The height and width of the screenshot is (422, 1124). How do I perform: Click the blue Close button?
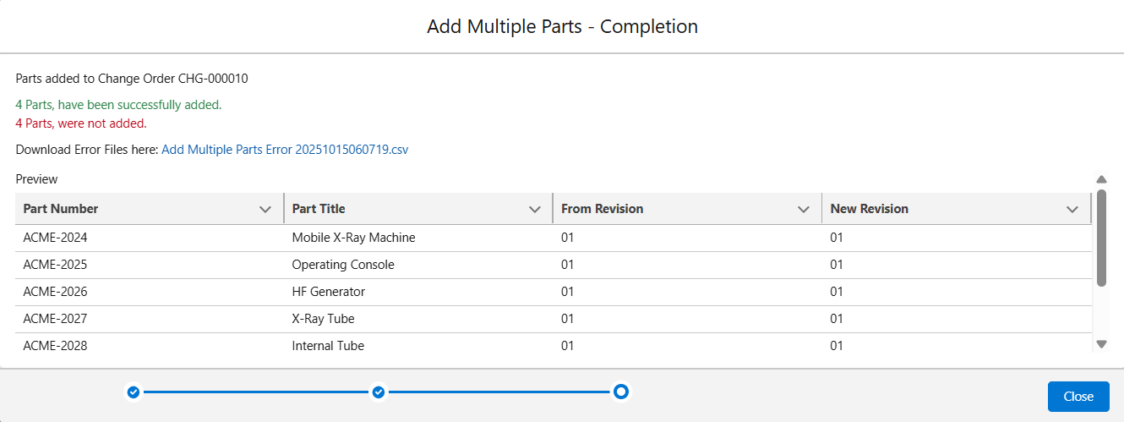[x=1078, y=397]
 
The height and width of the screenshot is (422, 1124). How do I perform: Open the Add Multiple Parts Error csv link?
[x=285, y=150]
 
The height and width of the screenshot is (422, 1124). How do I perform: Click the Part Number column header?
[x=60, y=209]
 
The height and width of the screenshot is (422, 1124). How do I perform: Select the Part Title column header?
[x=319, y=209]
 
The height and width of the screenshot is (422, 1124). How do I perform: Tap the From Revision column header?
[x=602, y=209]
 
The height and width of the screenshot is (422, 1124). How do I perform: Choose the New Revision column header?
[x=869, y=209]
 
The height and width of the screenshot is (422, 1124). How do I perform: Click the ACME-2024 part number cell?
[x=55, y=238]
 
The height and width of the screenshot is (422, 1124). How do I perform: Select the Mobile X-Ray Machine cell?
[x=354, y=238]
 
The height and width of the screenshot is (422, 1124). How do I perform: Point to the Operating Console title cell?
[x=343, y=265]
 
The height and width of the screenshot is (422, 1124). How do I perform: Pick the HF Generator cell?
[x=329, y=292]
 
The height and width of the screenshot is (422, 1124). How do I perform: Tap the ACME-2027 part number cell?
[x=55, y=319]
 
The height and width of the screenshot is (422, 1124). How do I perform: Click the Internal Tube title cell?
[x=328, y=346]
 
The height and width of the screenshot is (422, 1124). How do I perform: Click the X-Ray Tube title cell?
[x=323, y=319]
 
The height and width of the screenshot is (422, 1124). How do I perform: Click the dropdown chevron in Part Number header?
[x=265, y=210]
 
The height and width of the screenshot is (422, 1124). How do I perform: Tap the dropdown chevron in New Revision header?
[x=1072, y=210]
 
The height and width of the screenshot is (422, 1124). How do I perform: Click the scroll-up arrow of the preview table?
[x=1101, y=179]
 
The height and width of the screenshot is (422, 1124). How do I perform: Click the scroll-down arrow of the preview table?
[x=1101, y=344]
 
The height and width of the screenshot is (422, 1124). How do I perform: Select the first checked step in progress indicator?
[x=134, y=392]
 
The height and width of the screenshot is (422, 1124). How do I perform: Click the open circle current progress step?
[x=620, y=392]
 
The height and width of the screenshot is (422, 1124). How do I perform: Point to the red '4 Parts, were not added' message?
[x=81, y=123]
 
